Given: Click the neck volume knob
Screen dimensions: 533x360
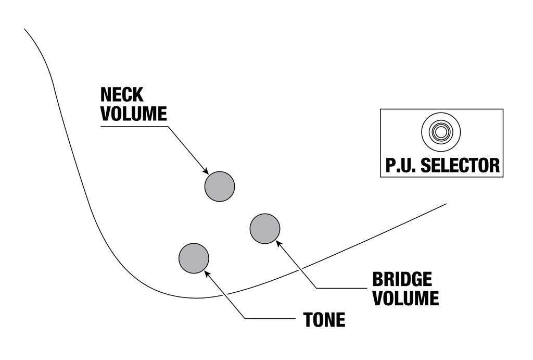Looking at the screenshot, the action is (220, 187).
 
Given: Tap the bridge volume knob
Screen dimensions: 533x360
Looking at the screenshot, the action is (265, 229).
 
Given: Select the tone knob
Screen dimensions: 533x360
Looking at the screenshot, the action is (194, 258).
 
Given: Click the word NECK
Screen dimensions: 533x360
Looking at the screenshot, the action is (122, 95).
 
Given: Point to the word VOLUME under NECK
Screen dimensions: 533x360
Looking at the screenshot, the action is (134, 114).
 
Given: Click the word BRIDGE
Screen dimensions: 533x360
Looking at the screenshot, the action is (402, 279).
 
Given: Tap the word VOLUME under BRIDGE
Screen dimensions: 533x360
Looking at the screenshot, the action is (405, 298).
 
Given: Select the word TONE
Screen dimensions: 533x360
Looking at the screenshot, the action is (324, 320).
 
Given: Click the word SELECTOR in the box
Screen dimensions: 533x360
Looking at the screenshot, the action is (460, 165).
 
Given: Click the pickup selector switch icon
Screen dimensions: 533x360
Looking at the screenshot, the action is (441, 132).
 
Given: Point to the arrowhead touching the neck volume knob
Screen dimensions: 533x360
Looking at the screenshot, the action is (205, 171).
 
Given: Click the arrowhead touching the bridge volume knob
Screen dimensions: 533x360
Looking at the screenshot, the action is (279, 243).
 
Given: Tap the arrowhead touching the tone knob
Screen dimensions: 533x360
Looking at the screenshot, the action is (207, 273).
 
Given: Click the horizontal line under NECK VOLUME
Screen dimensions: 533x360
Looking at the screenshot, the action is (134, 127).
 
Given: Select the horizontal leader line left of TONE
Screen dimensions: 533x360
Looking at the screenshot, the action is (270, 318).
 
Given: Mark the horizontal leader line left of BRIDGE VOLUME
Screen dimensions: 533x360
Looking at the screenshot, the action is (341, 288).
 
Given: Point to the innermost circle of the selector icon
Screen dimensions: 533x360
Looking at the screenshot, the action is (441, 132).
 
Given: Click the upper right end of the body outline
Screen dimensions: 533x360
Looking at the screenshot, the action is (446, 204).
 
